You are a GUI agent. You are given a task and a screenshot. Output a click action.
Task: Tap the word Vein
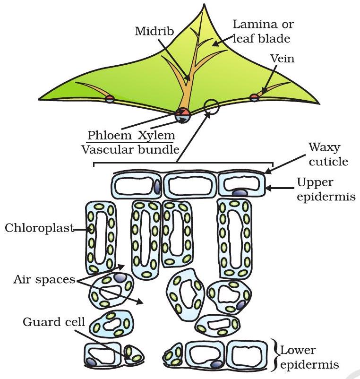[x=282, y=59]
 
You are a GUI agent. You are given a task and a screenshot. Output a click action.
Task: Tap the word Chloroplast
[x=39, y=228]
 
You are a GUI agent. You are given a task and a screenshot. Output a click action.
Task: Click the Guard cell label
[x=53, y=323]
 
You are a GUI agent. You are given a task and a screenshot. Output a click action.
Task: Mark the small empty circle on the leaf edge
[x=212, y=107]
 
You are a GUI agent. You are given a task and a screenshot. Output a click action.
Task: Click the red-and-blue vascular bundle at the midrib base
[x=182, y=115]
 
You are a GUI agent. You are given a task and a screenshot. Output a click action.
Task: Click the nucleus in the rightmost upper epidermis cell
[x=239, y=193]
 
